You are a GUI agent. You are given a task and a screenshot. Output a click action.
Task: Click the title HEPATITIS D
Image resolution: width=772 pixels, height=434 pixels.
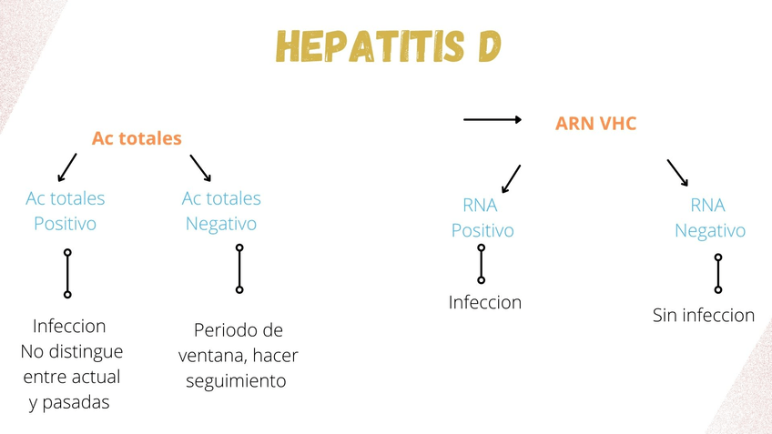(389, 47)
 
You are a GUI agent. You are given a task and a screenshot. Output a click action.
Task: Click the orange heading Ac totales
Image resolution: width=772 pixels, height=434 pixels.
(137, 138)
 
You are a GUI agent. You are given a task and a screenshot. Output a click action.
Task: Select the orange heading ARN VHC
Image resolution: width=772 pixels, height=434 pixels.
(595, 124)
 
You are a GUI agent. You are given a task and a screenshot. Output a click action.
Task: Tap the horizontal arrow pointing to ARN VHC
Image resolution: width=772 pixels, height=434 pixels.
(492, 119)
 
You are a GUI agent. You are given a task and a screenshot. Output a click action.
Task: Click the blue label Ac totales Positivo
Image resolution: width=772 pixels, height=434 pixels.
(65, 210)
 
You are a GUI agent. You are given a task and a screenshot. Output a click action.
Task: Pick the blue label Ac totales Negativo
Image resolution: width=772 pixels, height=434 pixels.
(221, 210)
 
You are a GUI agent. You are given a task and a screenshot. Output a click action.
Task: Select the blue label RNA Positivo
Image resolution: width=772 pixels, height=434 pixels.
(482, 217)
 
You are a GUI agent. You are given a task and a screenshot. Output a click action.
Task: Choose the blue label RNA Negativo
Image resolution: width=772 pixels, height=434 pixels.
(709, 217)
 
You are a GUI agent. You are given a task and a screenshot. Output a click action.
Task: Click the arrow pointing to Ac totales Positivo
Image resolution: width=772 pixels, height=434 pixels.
(66, 167)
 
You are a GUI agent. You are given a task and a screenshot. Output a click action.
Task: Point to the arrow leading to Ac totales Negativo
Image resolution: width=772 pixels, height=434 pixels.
(200, 167)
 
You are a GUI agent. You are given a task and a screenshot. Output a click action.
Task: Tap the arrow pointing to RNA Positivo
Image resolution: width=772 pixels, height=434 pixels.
(511, 178)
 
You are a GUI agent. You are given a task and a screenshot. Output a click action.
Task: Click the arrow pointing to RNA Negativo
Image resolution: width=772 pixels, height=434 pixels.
(677, 173)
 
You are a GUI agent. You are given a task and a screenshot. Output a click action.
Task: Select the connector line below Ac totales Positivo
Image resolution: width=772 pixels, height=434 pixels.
(67, 273)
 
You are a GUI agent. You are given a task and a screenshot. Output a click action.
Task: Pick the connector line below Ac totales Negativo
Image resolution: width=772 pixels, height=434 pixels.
(239, 268)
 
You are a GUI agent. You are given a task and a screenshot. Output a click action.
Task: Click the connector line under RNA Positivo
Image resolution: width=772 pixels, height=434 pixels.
(482, 264)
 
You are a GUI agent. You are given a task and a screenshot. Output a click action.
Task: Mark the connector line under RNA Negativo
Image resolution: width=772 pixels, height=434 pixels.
(718, 273)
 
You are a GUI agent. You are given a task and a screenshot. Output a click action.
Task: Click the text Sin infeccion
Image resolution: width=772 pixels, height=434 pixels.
(703, 316)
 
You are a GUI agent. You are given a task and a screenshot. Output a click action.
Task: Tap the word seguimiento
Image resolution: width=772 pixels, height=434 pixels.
(236, 380)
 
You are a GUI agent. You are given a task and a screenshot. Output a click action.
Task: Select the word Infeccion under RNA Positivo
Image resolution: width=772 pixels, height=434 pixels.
(484, 302)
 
